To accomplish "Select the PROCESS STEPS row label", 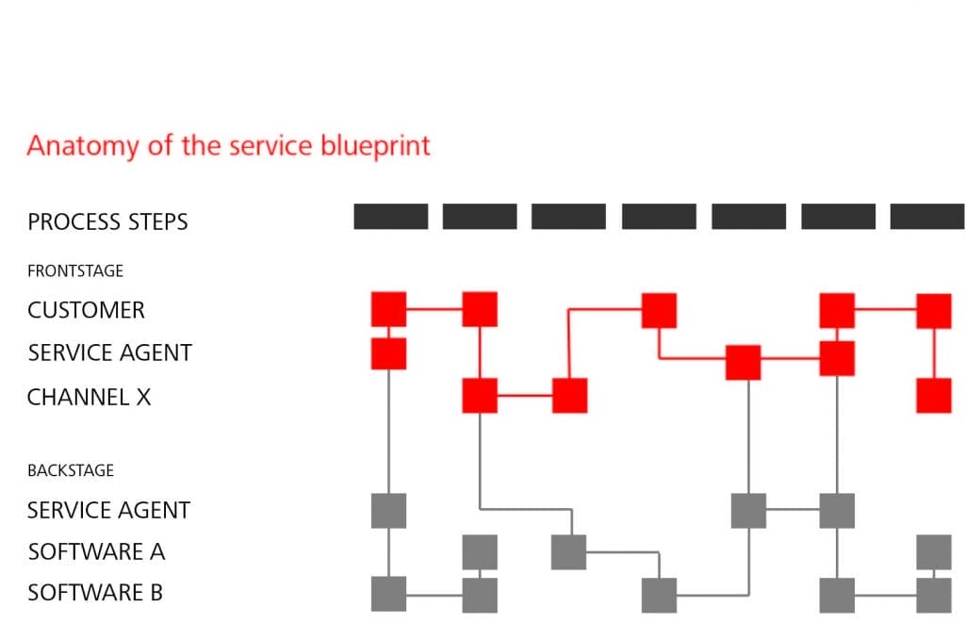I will pos(107,222).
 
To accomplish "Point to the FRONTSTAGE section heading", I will pos(75,271).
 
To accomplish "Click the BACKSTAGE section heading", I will pos(71,469).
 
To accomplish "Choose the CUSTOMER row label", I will pos(86,310).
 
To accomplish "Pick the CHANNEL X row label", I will pos(89,397).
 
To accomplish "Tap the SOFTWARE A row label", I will pos(96,551).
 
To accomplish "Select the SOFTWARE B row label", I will pos(95,593).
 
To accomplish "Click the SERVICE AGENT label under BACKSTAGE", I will pos(108,510).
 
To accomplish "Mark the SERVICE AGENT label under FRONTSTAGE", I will pos(109,352).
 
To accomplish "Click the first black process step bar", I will pos(390,217).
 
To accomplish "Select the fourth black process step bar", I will pos(659,217).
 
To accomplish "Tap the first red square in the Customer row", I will pos(388,309).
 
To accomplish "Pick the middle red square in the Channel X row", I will pos(569,396).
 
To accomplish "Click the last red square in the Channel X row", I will pos(933,396).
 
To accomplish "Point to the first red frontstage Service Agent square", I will pos(388,353).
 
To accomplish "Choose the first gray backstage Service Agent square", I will pos(388,510).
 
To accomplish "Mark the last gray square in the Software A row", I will pos(933,551).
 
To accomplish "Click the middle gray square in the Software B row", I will pos(659,595).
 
